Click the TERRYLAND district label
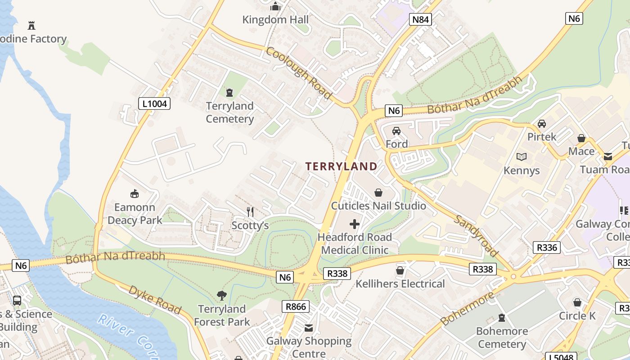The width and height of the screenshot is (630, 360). tap(342, 166)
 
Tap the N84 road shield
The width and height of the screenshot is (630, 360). tap(420, 19)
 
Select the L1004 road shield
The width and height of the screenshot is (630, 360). tap(154, 104)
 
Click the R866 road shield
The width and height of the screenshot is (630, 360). tap(296, 307)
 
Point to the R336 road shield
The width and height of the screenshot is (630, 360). tap(547, 247)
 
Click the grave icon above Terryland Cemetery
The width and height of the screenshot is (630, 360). tap(229, 93)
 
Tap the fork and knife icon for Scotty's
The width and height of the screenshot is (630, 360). tap(250, 211)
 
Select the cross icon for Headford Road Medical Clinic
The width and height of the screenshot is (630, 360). tap(355, 224)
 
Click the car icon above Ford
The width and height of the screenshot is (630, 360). tap(396, 131)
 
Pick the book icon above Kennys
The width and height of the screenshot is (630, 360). tap(522, 157)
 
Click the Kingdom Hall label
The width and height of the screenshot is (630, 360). tap(275, 20)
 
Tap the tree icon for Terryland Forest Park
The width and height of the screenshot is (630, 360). tap(221, 296)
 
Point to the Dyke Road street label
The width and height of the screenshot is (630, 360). tap(155, 300)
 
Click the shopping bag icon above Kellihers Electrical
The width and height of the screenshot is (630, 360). tap(400, 270)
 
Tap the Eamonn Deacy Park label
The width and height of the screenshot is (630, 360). tap(135, 214)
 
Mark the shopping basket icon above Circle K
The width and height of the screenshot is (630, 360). tap(577, 302)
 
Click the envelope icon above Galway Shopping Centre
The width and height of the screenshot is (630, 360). tap(309, 328)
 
